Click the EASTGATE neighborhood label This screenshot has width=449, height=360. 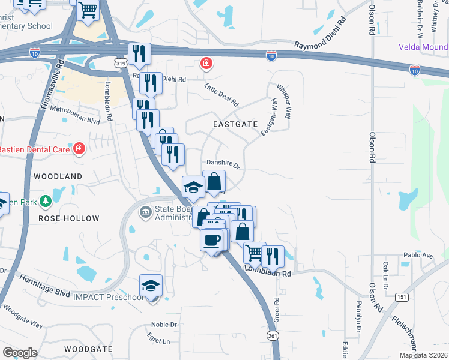point(235,124)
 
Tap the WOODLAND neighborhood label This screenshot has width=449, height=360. point(58,176)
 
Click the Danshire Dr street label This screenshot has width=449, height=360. point(223,163)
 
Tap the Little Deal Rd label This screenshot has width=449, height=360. point(221,94)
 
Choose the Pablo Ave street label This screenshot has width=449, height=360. point(418,255)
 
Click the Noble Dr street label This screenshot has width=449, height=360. point(164,325)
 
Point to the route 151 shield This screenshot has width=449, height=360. point(402,297)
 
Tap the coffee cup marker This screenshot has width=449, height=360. point(211,239)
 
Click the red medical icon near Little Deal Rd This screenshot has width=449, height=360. point(206,62)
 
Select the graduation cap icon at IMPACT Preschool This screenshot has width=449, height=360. point(151,285)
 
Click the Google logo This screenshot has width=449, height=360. point(20,352)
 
